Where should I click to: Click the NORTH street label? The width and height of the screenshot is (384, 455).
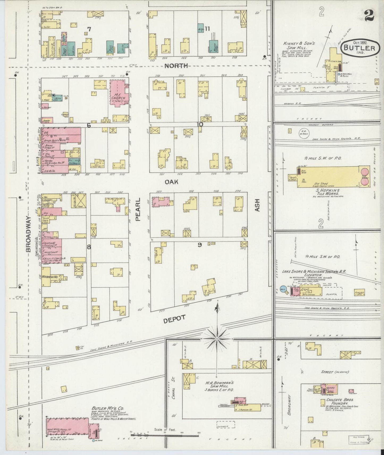pyautogui.click(x=176, y=66)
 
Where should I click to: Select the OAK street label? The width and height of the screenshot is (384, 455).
pyautogui.click(x=171, y=182)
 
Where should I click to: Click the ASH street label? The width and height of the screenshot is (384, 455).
pyautogui.click(x=257, y=205)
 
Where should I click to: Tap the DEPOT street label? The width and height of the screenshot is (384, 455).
pyautogui.click(x=174, y=319)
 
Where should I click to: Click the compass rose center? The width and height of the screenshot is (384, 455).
pyautogui.click(x=217, y=339)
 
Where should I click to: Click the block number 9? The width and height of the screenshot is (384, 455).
pyautogui.click(x=200, y=245)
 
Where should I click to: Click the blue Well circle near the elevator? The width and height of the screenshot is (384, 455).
pyautogui.click(x=282, y=289)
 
